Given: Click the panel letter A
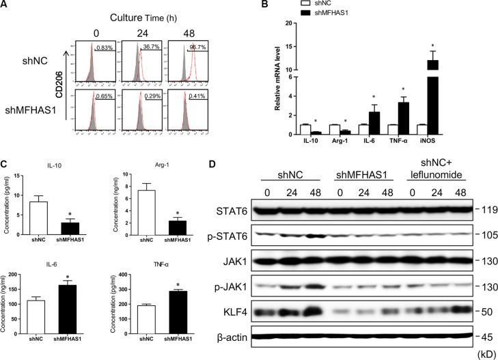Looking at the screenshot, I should click(x=5, y=7).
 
